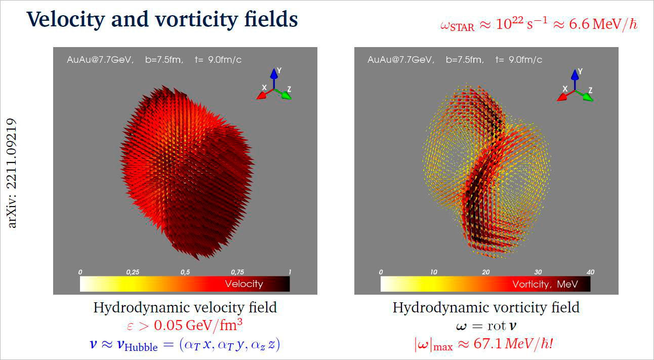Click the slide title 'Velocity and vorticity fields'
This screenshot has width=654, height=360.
162,19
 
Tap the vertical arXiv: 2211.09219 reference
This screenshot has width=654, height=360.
13,173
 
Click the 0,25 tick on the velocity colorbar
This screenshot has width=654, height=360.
133,272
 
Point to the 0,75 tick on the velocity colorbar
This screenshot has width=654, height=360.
237,272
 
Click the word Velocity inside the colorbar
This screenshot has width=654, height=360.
244,284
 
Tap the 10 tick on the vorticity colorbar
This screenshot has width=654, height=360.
433,272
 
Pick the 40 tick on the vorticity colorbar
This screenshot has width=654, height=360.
589,272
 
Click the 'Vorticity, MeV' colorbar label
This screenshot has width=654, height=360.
545,284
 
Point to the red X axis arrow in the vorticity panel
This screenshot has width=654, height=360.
563,96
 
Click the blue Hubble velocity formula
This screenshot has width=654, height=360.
185,345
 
